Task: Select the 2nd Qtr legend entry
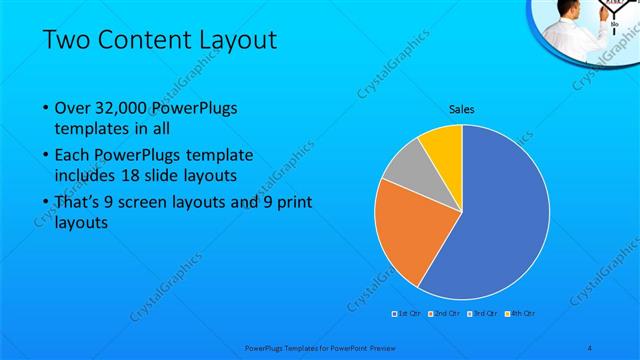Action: (445, 314)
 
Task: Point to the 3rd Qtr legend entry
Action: (484, 314)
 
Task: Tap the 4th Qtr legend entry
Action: (521, 314)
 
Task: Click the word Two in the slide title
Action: (68, 40)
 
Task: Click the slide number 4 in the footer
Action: (590, 348)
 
